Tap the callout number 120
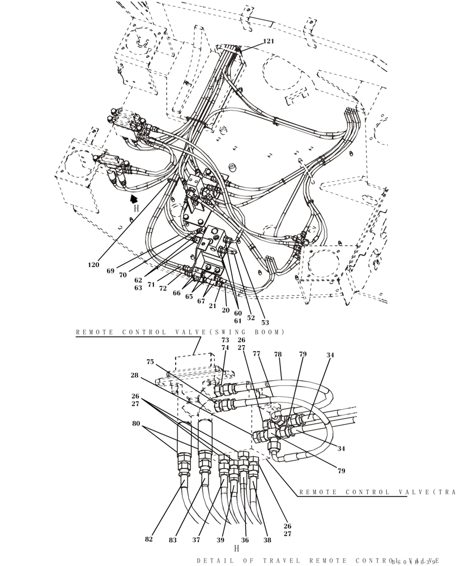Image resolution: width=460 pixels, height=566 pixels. click(93, 264)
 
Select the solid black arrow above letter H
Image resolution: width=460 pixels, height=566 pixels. click(134, 198)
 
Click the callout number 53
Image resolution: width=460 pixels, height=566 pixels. click(265, 323)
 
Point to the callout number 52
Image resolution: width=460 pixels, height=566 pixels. click(251, 318)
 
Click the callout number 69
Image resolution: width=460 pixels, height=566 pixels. click(110, 271)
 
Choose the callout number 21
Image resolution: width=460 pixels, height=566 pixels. click(213, 305)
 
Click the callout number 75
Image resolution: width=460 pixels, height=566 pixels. click(150, 362)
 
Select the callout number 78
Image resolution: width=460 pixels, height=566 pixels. click(278, 355)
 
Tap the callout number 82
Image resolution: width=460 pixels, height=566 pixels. click(149, 539)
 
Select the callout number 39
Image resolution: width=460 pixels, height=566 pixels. click(220, 539)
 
